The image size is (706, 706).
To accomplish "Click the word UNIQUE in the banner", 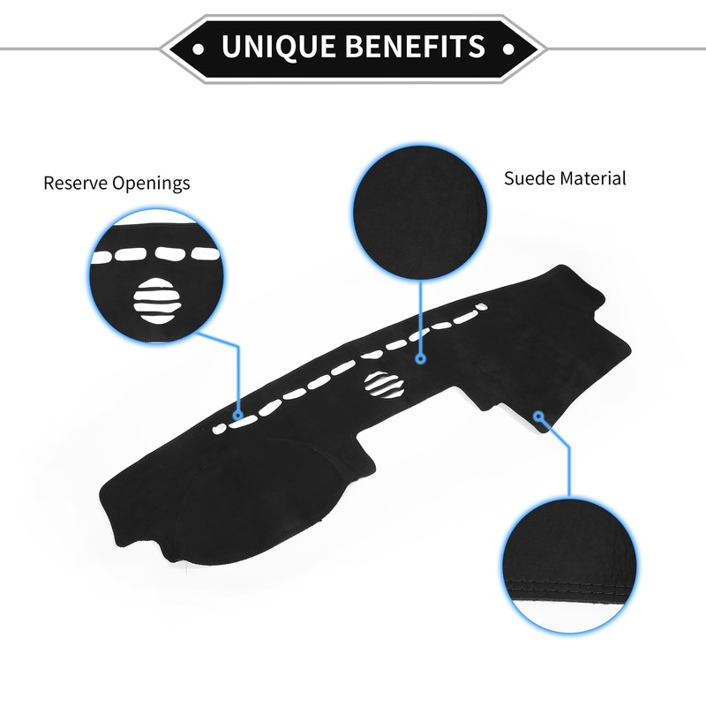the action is (280, 45).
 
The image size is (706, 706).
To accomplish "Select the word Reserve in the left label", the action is (75, 184).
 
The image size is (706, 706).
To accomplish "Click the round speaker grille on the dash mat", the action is (386, 382).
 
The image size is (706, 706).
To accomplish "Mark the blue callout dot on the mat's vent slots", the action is (237, 413).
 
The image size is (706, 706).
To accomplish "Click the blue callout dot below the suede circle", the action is (421, 359).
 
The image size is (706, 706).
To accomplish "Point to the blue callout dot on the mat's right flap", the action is (539, 415).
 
